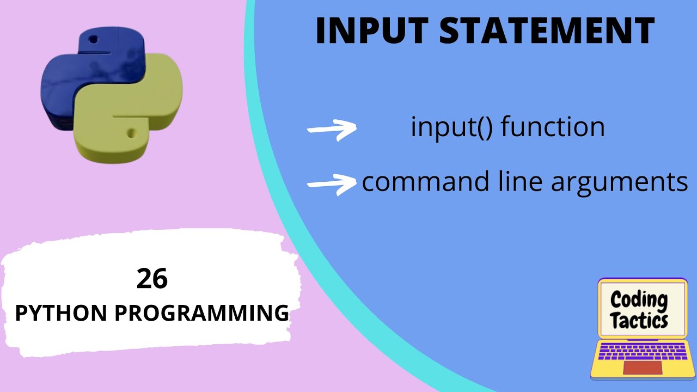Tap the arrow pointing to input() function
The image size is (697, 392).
click(x=332, y=129)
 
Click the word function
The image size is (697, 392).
click(x=552, y=127)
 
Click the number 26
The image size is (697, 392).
click(x=152, y=279)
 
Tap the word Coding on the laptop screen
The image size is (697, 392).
click(x=639, y=299)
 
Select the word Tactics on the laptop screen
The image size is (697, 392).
click(x=639, y=320)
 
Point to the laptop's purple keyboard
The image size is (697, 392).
click(x=642, y=352)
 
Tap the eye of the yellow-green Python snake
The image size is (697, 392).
click(x=131, y=132)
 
